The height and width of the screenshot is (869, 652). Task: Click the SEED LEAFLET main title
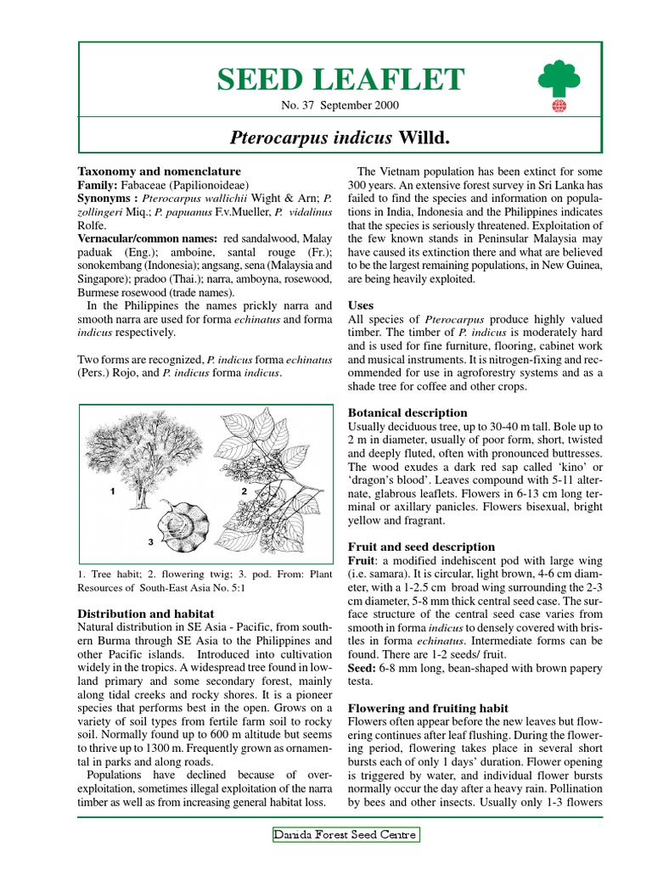tap(340, 79)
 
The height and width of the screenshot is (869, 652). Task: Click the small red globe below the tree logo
tap(559, 107)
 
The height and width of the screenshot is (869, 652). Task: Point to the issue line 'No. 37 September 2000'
tap(340, 105)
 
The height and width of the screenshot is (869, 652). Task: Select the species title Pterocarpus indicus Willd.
tap(340, 137)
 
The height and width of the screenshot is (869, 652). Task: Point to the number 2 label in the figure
tap(244, 491)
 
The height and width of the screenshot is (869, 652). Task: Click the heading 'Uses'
tap(361, 305)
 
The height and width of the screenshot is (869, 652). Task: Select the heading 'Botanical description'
tap(408, 412)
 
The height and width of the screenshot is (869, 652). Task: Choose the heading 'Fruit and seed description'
tap(422, 547)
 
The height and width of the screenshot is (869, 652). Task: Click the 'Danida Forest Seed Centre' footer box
tap(346, 835)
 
